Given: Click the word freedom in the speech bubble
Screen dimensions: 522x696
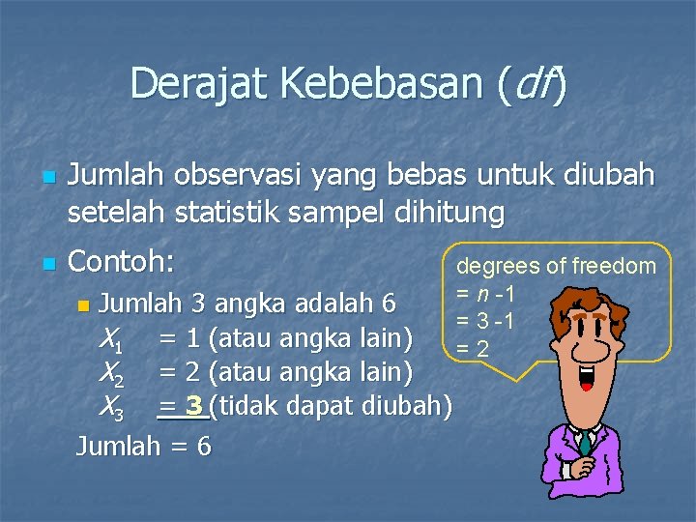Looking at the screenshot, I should coord(614,266).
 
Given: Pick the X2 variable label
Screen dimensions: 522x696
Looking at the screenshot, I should coord(109,374).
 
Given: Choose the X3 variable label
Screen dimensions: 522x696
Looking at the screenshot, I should coord(109,408).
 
